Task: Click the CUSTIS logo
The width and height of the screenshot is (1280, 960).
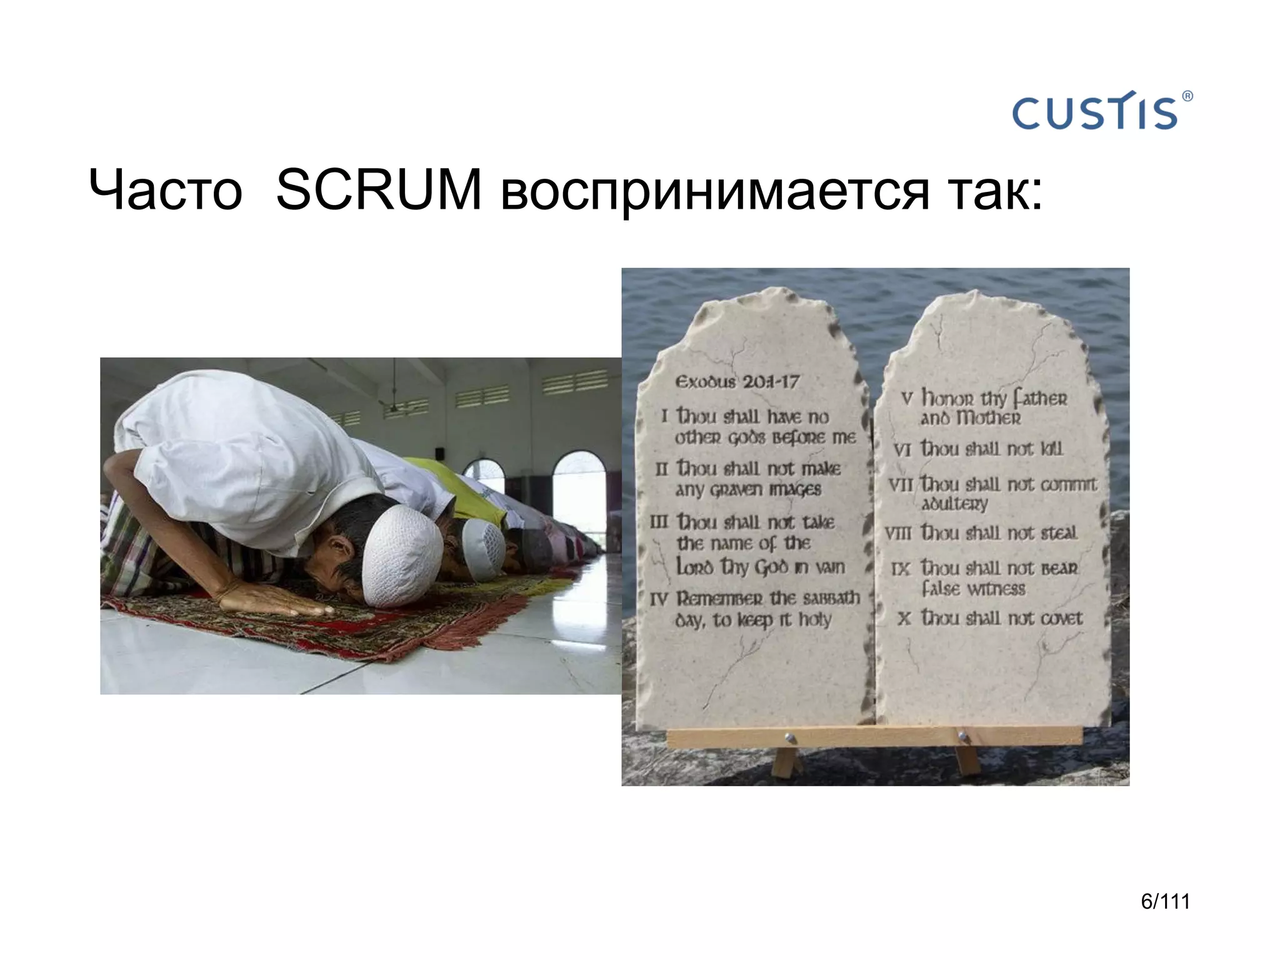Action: point(1095,112)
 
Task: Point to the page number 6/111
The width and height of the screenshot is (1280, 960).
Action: point(1165,901)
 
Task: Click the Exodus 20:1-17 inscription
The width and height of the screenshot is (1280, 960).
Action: point(737,381)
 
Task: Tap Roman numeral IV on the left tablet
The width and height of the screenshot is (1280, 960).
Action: point(659,599)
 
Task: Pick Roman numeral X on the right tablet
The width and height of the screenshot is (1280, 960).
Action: point(903,619)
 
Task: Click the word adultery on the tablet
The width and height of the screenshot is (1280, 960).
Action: point(954,504)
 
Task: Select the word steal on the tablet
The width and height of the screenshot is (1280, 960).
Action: point(1059,533)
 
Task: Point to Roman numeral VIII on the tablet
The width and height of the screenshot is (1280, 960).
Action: point(897,533)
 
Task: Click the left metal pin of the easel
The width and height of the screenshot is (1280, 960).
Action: point(789,738)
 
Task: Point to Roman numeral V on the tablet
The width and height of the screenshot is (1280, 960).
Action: point(907,398)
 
